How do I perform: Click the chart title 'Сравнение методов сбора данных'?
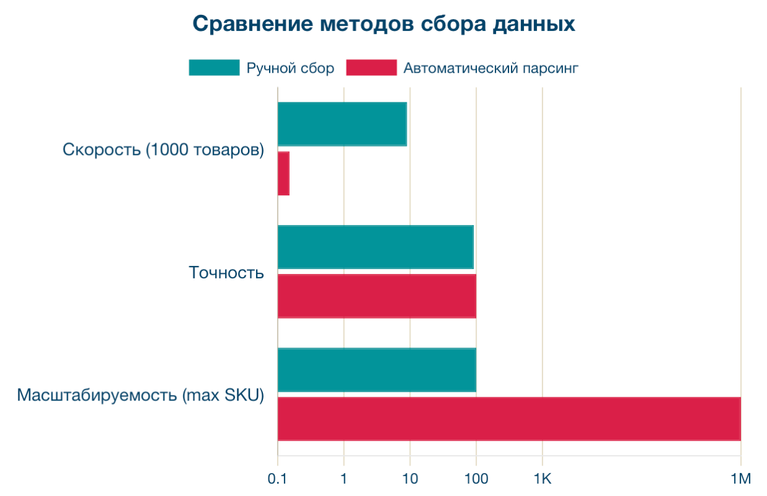tap(383, 24)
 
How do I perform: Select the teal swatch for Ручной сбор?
tap(214, 68)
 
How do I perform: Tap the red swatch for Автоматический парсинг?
tap(371, 68)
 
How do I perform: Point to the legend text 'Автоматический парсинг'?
tap(490, 68)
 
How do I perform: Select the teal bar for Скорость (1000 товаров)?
tap(342, 124)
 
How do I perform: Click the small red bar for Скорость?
tap(283, 174)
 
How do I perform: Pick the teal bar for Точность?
tap(375, 247)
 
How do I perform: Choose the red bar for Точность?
tap(376, 296)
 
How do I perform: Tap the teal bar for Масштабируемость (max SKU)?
tap(376, 370)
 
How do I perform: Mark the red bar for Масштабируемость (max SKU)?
tap(508, 419)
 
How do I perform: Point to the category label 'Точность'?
tap(226, 272)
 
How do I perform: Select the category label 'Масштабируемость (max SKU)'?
tap(141, 395)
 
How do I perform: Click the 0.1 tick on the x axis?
tap(277, 479)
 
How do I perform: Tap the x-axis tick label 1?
tap(344, 479)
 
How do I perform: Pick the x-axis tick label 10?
tap(409, 479)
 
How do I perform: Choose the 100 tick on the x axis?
tap(476, 479)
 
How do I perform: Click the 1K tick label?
tap(542, 479)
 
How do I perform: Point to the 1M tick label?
tap(740, 479)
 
